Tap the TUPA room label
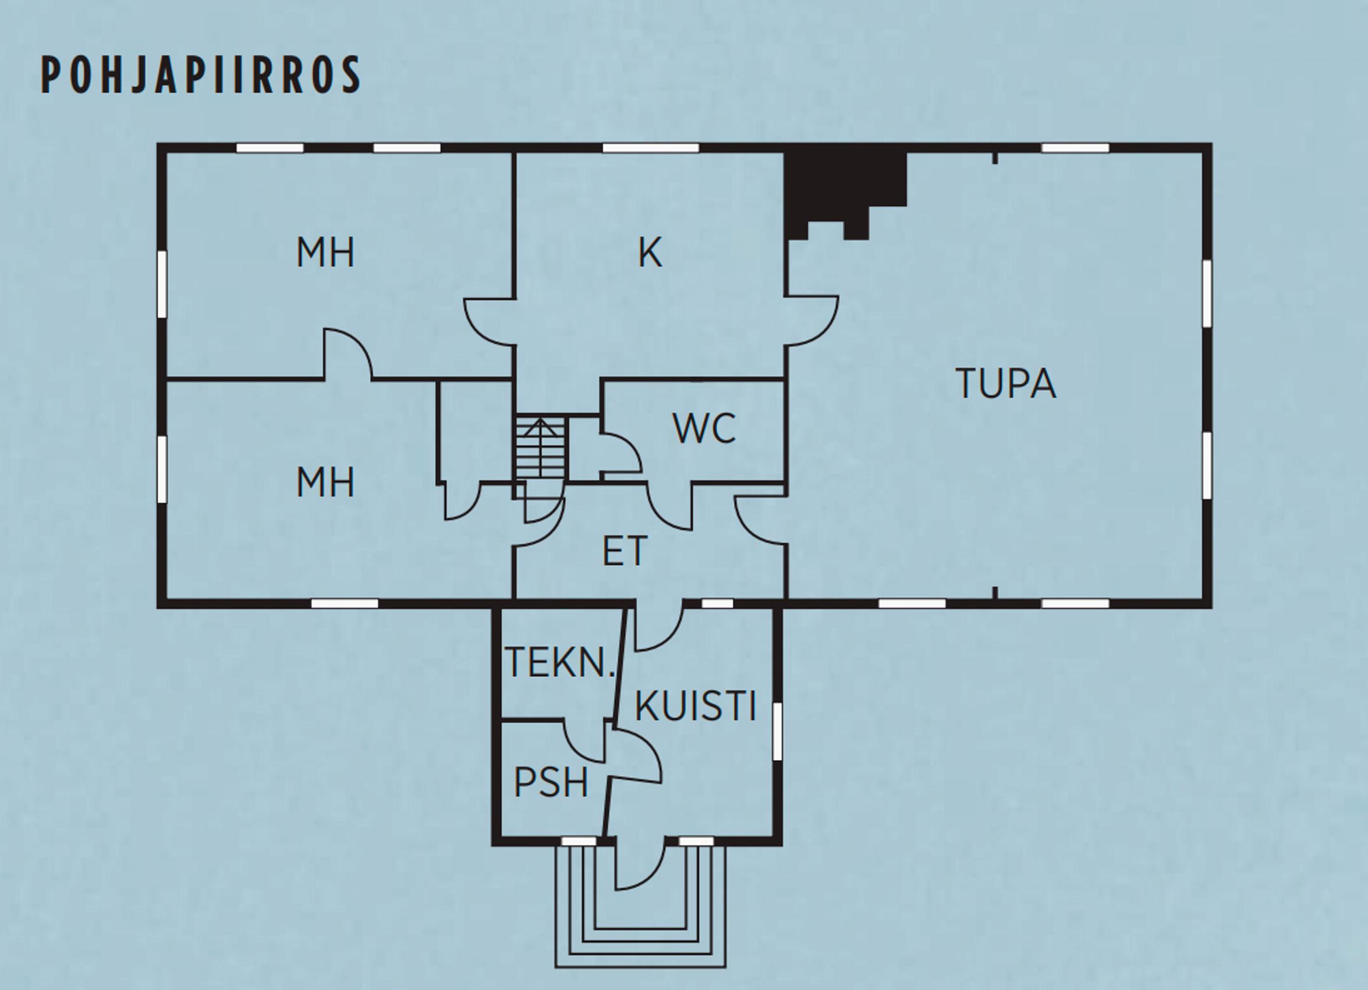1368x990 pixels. pyautogui.click(x=1005, y=384)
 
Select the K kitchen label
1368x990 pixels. pyautogui.click(x=650, y=253)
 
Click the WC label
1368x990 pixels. pyautogui.click(x=704, y=429)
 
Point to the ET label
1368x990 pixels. pyautogui.click(x=625, y=551)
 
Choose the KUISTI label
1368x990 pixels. pyautogui.click(x=696, y=706)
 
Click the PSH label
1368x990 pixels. pyautogui.click(x=551, y=783)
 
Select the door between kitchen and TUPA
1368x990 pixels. pyautogui.click(x=811, y=321)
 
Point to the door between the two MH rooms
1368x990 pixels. pyautogui.click(x=348, y=354)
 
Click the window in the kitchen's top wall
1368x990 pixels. pyautogui.click(x=650, y=148)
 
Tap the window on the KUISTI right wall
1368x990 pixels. pyautogui.click(x=778, y=733)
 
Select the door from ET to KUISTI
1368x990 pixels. pyautogui.click(x=658, y=627)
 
